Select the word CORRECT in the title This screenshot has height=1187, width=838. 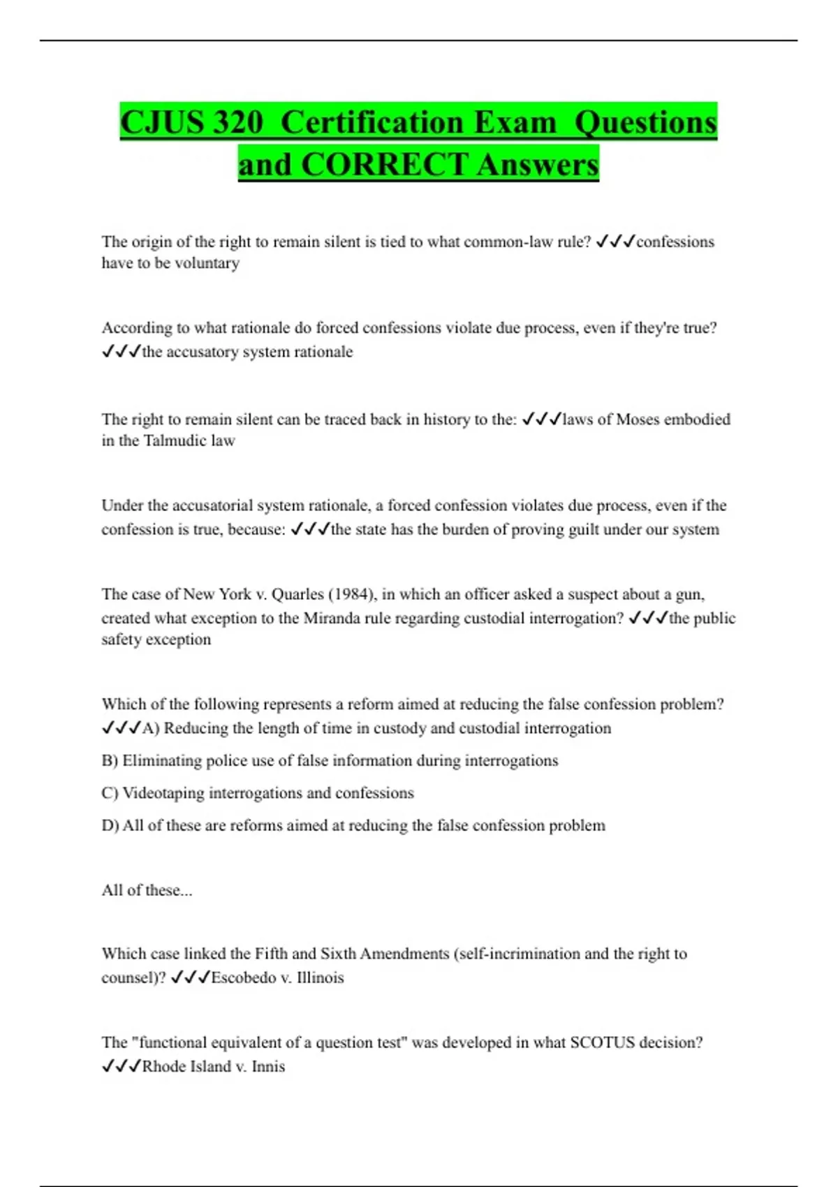click(x=384, y=165)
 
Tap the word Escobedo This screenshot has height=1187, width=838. click(x=243, y=978)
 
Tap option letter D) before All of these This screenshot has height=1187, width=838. click(x=110, y=825)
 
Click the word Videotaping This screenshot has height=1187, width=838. click(x=163, y=793)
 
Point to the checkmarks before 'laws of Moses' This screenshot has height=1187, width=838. click(x=541, y=419)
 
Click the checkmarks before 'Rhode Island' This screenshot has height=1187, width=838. click(x=122, y=1066)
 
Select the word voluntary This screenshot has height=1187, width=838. click(x=207, y=263)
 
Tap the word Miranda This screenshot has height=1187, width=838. click(x=330, y=618)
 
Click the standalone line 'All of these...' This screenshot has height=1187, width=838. click(x=147, y=890)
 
